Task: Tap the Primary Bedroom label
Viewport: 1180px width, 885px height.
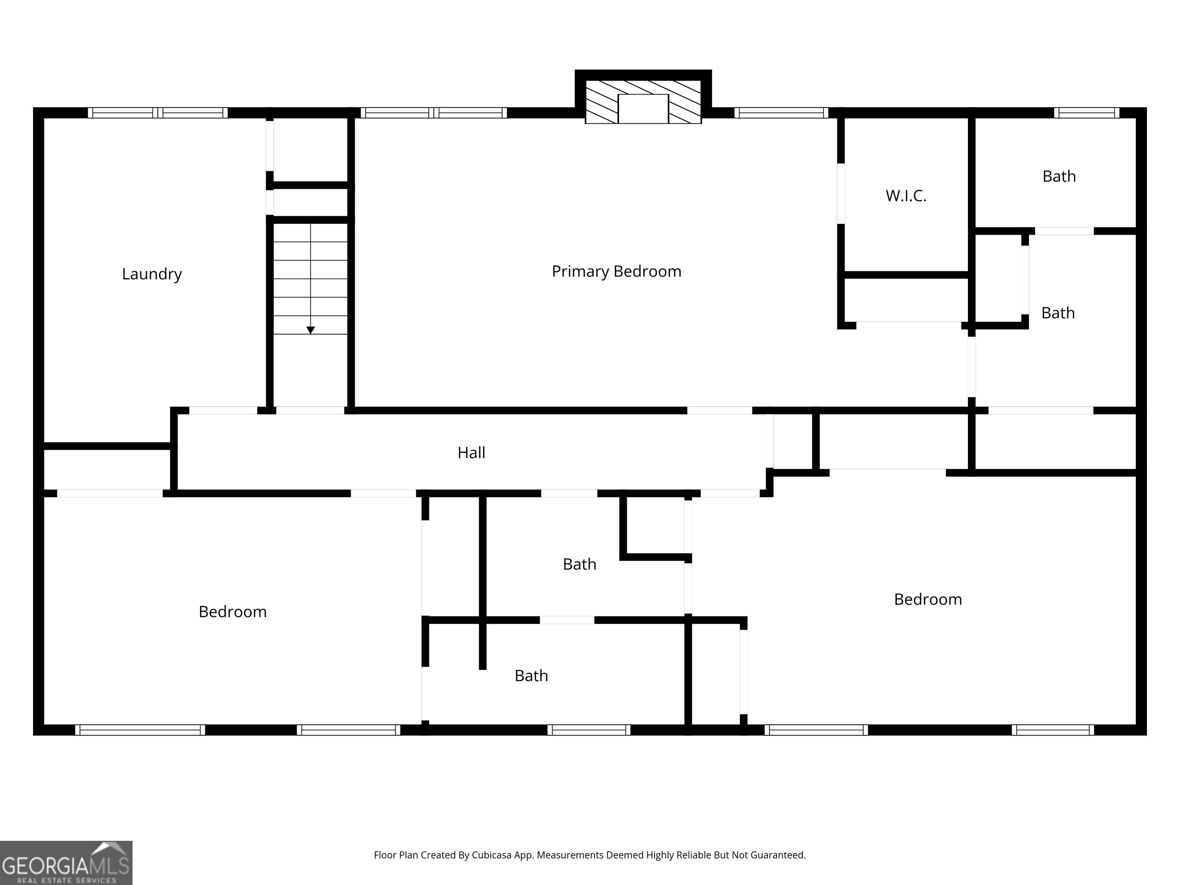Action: point(616,272)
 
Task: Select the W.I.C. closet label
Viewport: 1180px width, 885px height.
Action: point(906,196)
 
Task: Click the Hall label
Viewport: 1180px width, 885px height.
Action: point(471,453)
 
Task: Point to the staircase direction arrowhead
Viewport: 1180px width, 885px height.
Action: point(310,330)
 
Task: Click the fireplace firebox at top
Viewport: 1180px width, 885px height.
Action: point(643,109)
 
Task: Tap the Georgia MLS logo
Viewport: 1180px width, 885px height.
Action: point(66,863)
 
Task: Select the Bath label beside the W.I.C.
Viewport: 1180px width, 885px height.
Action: point(1059,177)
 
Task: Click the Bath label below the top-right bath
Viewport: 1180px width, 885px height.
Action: point(1058,313)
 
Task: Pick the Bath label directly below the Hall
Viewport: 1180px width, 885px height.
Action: point(579,564)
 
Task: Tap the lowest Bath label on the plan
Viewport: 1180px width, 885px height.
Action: point(531,676)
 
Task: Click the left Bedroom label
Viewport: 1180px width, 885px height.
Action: point(233,612)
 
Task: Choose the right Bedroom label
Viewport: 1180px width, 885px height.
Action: point(928,600)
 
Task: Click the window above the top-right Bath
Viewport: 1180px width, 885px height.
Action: point(1087,113)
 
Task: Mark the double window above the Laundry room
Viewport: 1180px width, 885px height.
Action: point(158,113)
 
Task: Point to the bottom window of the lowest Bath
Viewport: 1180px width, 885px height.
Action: point(589,730)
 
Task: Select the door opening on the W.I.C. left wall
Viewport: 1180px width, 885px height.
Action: point(841,193)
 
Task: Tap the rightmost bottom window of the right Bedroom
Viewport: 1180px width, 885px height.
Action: point(1053,730)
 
